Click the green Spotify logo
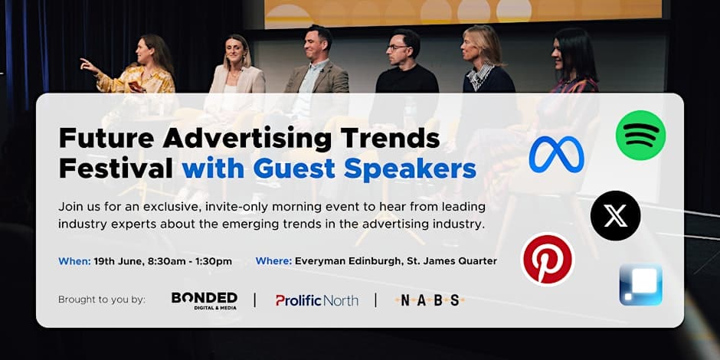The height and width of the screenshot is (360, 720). (640, 135)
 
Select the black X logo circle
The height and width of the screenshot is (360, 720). (615, 216)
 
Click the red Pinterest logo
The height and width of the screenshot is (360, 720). (548, 260)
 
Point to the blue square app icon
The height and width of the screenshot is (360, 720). (640, 285)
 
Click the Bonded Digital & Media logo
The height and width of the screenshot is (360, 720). (205, 301)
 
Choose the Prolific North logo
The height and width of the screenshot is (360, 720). (317, 301)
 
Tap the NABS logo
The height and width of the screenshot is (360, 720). (430, 300)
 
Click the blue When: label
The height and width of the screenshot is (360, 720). (74, 261)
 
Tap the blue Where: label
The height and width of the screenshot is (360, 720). (273, 261)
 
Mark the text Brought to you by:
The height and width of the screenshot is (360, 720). (101, 299)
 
